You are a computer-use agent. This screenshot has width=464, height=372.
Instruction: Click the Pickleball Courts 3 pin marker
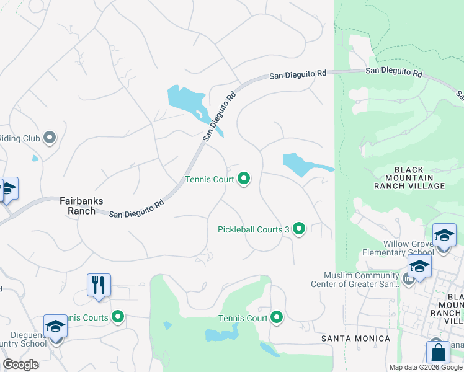point(299,229)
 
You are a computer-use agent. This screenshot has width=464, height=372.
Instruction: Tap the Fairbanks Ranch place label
point(78,206)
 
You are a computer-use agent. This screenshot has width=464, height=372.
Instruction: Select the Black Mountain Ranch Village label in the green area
point(409,178)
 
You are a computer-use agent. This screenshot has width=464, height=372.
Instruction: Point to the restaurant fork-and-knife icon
point(99,285)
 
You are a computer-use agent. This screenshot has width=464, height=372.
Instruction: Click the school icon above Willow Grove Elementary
point(444,236)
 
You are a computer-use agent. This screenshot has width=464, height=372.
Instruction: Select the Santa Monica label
point(355,339)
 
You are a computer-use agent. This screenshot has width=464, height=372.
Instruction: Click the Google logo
point(20,365)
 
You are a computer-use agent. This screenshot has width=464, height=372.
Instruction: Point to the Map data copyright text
point(426,367)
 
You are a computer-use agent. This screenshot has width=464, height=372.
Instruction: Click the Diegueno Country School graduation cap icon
point(55,327)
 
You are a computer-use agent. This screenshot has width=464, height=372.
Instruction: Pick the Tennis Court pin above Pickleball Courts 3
point(244,179)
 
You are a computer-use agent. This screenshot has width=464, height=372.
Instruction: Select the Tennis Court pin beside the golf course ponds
point(276,318)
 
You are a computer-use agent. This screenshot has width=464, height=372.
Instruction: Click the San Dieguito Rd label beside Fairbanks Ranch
point(136,210)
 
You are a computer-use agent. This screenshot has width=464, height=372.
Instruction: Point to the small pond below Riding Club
point(35,158)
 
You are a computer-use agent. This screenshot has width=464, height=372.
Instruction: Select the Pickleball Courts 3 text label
point(254,229)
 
